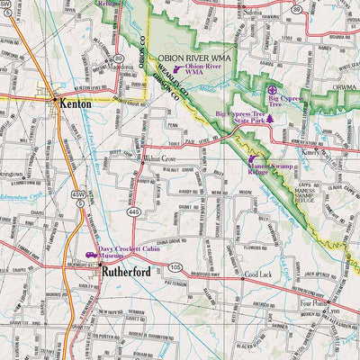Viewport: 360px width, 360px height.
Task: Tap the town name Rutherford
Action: point(129,269)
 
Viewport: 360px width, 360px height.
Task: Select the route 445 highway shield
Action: point(133,211)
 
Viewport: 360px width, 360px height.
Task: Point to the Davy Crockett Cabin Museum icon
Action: point(91,256)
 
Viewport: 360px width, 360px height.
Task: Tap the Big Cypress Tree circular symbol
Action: point(274,90)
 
